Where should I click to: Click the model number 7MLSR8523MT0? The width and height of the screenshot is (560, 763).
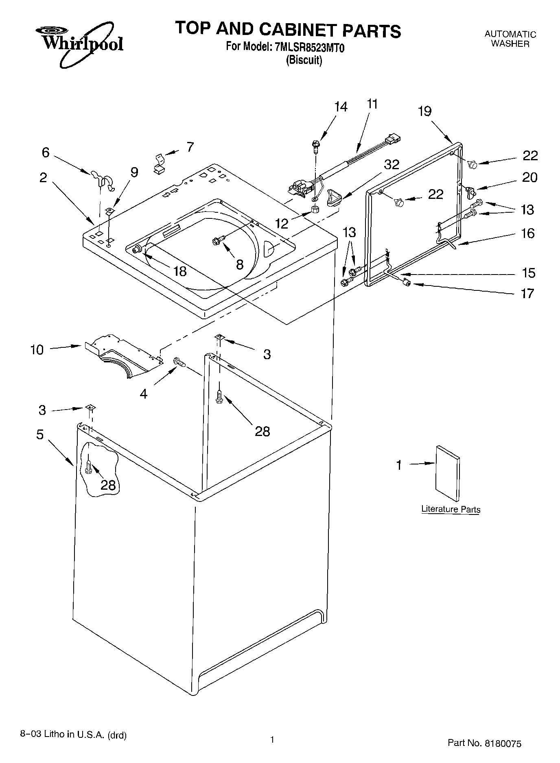[310, 48]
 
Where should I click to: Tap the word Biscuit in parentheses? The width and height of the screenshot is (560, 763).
[304, 61]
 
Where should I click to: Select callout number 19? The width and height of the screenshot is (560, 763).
[424, 111]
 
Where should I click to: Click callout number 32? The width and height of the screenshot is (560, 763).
[392, 164]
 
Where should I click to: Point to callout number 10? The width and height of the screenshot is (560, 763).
[37, 349]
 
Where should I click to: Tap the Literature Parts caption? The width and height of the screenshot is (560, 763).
[451, 509]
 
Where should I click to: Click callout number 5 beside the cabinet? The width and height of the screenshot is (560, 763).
[39, 434]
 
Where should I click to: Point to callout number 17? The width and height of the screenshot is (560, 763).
[527, 293]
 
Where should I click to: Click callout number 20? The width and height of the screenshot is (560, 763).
[529, 177]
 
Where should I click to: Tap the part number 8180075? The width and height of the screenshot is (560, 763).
[502, 743]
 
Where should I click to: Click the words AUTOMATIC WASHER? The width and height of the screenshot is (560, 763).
[510, 39]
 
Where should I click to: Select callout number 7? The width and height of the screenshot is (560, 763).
[190, 146]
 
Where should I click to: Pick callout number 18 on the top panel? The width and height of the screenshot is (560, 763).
[179, 271]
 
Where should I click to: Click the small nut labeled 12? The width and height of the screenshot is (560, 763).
[314, 210]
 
